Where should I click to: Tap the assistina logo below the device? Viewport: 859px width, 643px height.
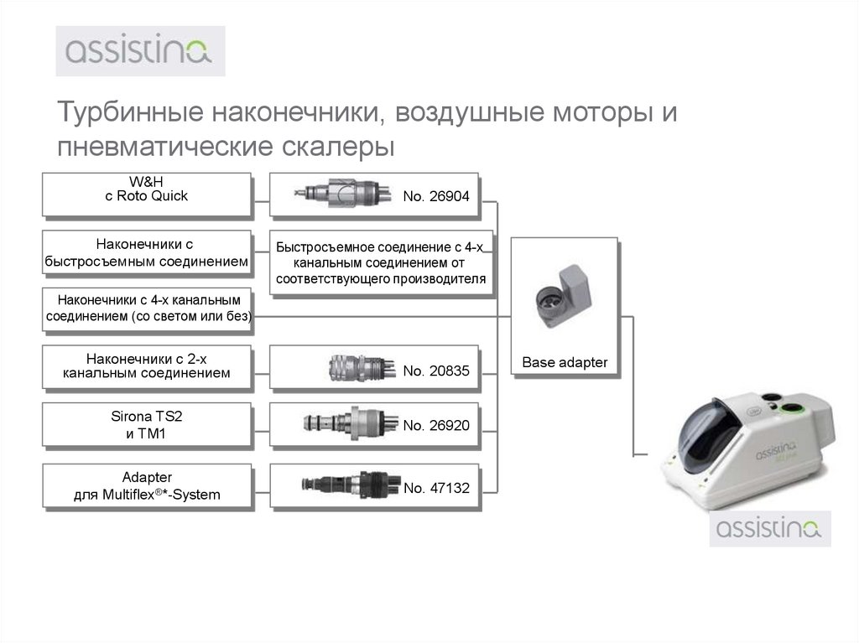coord(771,530)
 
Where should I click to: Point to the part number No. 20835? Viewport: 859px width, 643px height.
coord(435,369)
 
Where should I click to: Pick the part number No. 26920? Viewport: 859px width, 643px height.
coord(435,426)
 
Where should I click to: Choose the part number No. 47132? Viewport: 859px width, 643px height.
coord(435,487)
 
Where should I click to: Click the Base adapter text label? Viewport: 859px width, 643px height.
coord(564,363)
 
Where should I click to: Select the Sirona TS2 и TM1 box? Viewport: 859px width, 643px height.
coord(147,425)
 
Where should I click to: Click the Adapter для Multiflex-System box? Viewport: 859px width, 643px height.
coord(147,485)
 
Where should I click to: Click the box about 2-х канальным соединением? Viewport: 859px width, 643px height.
coord(147,366)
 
